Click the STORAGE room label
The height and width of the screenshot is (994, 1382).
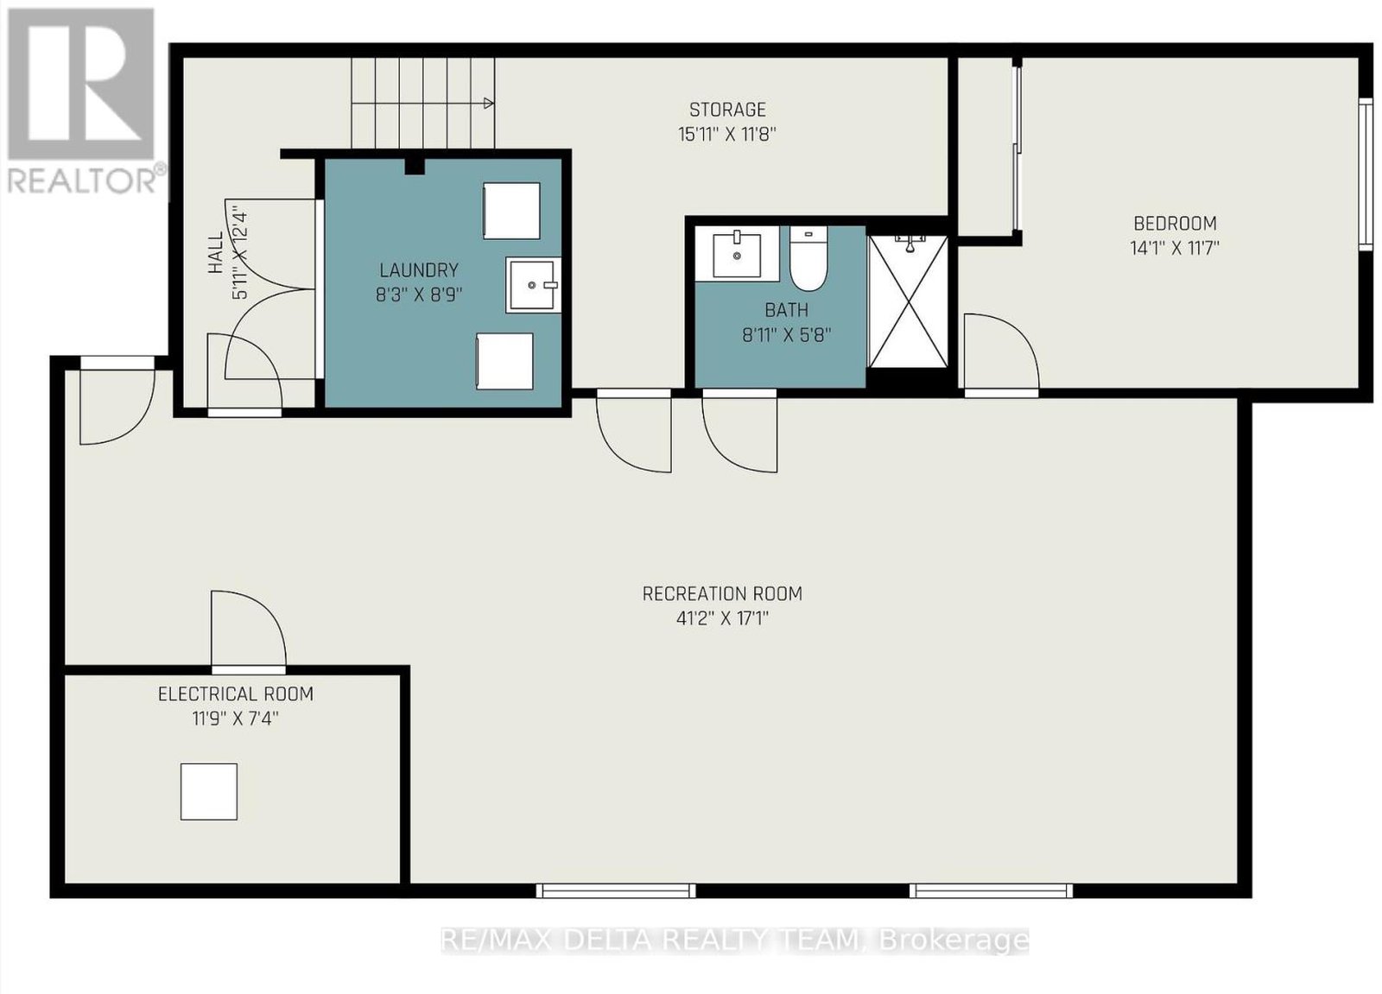(x=727, y=110)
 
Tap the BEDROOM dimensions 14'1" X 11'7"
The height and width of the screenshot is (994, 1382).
(x=1175, y=248)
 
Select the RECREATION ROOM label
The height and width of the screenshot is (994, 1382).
(x=722, y=593)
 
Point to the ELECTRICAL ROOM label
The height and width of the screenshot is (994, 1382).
(x=236, y=694)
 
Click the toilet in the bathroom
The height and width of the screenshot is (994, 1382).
(x=808, y=258)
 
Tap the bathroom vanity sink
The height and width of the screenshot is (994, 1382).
(x=737, y=254)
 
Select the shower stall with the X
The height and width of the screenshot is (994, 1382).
(x=908, y=301)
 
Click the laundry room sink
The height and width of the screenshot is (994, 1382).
(x=534, y=285)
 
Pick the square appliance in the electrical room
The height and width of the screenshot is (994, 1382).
(x=208, y=792)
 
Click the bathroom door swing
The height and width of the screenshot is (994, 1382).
(x=739, y=431)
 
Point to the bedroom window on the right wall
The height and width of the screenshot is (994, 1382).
(x=1366, y=174)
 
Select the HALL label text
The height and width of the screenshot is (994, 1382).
(x=215, y=253)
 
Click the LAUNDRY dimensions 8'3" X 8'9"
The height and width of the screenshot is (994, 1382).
(x=420, y=295)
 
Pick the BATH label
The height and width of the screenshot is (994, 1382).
(x=787, y=310)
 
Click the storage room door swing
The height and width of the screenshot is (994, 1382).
(x=634, y=431)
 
